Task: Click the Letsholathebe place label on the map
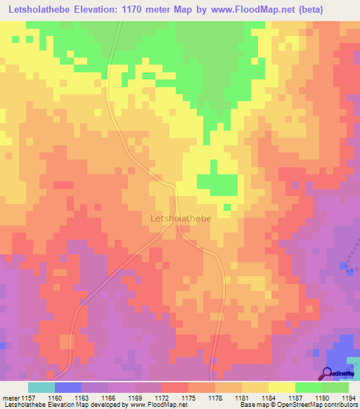181,219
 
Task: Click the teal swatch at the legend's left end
41,387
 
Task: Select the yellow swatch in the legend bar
282,387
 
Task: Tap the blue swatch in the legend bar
67,387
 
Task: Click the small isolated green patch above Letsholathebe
227,207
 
